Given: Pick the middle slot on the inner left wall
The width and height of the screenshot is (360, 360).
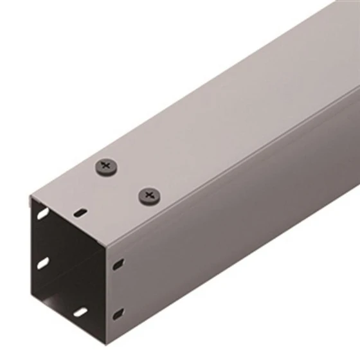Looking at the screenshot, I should click(43, 263).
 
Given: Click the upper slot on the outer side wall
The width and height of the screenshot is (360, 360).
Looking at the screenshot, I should click(118, 264).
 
